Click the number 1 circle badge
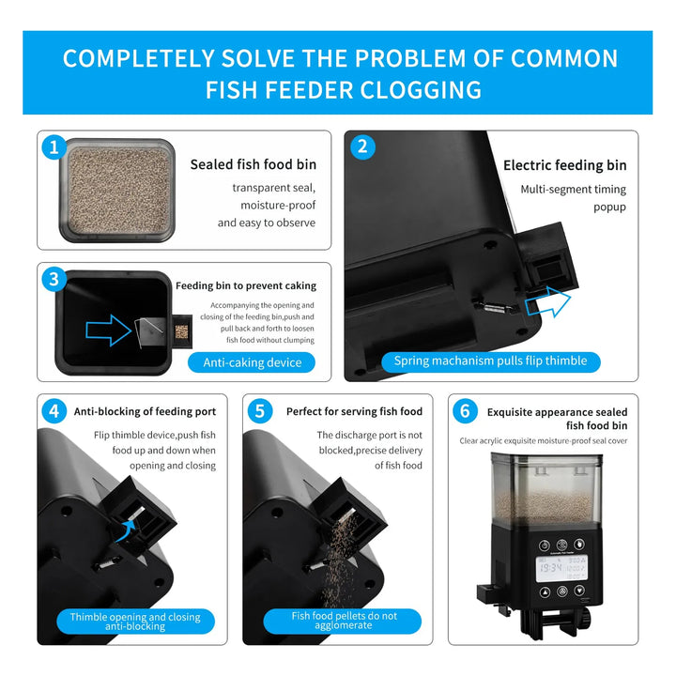coord(54,147)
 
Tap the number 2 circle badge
coord(362,147)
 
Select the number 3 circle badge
coord(54,279)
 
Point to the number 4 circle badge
coord(54,411)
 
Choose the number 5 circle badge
coord(259,411)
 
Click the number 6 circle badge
coord(465,411)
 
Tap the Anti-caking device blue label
coord(252,362)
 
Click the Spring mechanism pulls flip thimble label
coord(491,361)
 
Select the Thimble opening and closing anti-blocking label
coord(135,622)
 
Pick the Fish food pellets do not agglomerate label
coord(344,621)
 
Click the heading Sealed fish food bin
coord(253,164)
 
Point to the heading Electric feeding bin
coord(565,165)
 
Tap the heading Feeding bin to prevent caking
coord(246,285)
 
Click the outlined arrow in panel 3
coord(109,330)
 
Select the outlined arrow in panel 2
coord(548,301)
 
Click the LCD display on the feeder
coord(561,568)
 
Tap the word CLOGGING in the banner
coord(421,90)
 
